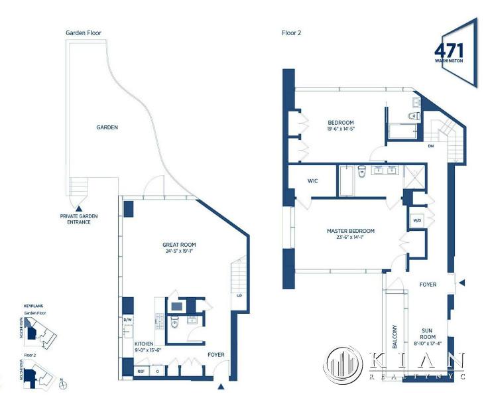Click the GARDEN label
point(107,127)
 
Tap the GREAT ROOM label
point(179,245)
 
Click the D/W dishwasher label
point(128,318)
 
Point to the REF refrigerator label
point(140,371)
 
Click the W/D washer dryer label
point(418,220)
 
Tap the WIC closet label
point(314,180)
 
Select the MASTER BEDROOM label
point(351,231)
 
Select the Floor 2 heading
point(292,33)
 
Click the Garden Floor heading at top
point(83,33)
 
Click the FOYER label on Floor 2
point(428,284)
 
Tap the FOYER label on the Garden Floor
point(215,354)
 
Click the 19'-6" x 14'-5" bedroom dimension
point(341,129)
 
